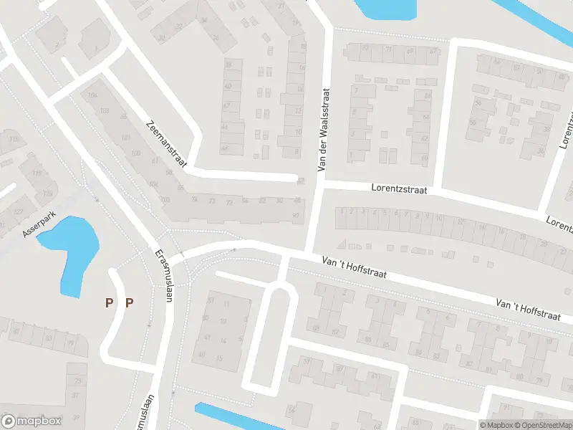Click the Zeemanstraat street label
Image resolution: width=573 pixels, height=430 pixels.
click(x=165, y=144)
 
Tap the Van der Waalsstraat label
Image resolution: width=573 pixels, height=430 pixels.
click(x=323, y=130)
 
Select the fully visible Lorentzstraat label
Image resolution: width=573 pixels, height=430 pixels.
click(x=399, y=189)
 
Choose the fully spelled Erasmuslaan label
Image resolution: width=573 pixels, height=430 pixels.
click(x=163, y=276)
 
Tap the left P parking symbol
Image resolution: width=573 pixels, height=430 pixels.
click(x=109, y=302)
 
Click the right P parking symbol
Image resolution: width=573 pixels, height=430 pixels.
click(x=130, y=302)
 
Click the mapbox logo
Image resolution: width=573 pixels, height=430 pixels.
click(x=32, y=421)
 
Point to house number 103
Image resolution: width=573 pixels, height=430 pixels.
click(x=105, y=110)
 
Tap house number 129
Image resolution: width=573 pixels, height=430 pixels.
click(x=47, y=193)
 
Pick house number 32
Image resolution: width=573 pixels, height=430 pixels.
click(x=179, y=27)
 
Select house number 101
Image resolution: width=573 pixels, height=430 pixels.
click(x=125, y=138)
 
